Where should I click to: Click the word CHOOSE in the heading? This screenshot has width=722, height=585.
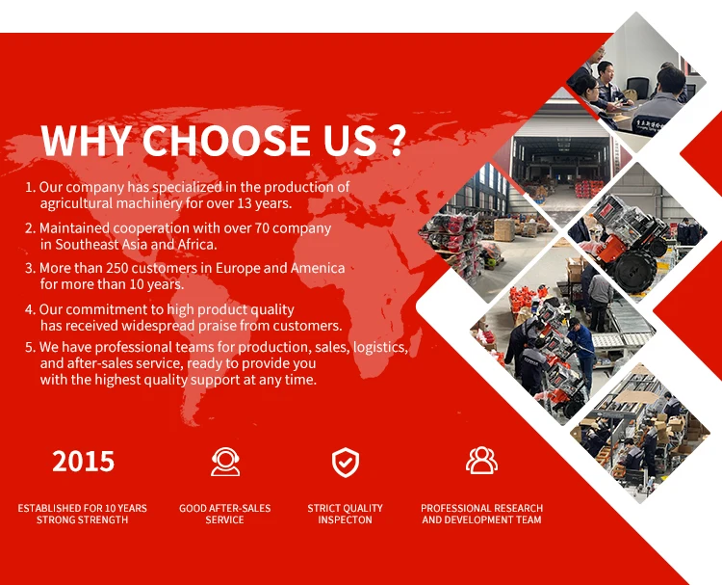pos(226,140)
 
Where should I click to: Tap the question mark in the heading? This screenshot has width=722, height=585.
pos(396,140)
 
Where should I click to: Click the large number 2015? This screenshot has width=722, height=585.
pos(83,461)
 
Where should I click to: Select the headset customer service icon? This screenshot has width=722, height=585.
pos(225,462)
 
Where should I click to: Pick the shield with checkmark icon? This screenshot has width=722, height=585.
pos(346,462)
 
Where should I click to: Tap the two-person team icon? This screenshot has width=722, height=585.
pos(481,460)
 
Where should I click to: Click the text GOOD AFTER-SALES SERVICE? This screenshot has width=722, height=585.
pos(224,514)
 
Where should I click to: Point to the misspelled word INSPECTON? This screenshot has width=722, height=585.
pos(345,520)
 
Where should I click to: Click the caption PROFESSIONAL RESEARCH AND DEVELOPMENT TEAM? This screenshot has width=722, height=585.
pos(481,514)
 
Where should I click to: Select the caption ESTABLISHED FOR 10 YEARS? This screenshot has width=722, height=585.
pos(83,508)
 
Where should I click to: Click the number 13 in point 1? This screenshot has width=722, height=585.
pos(245,203)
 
